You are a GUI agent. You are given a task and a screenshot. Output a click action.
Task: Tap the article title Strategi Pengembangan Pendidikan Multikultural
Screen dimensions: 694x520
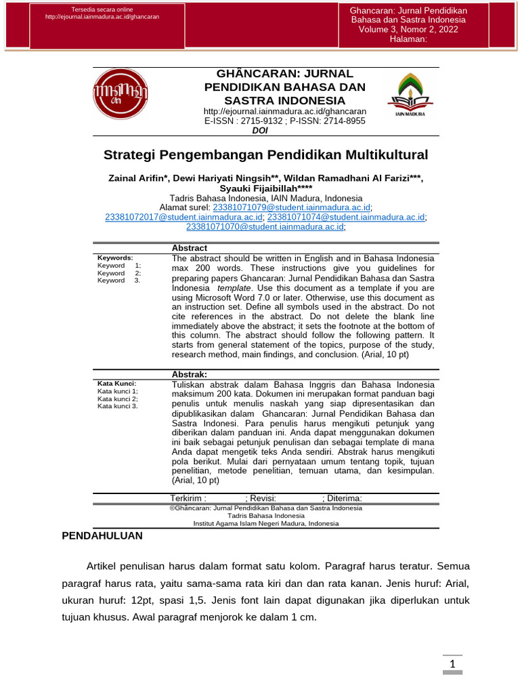[x=265, y=155]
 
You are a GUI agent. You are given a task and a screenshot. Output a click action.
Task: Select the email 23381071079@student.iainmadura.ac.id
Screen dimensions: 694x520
[x=292, y=207]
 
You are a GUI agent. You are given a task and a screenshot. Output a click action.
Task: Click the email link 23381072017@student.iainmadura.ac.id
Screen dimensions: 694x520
[x=183, y=217]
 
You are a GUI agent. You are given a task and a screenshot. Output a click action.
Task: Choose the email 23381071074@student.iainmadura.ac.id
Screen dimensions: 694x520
[x=346, y=217]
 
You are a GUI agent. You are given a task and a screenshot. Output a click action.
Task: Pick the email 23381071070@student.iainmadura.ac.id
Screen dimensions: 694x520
[x=265, y=227]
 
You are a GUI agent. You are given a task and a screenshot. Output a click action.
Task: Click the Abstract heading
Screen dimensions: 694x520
[x=190, y=249]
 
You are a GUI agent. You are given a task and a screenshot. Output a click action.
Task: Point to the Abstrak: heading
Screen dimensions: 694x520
[x=190, y=374]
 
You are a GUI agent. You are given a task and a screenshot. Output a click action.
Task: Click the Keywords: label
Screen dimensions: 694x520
[x=116, y=258]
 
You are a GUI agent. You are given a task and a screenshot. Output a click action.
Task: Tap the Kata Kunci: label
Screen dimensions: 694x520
[x=117, y=384]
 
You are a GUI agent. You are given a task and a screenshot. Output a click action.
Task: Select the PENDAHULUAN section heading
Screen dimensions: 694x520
[x=102, y=535]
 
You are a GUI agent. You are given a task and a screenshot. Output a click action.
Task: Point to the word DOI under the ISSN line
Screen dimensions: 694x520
[x=260, y=131]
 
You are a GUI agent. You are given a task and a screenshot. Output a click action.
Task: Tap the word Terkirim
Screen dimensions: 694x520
[x=187, y=498]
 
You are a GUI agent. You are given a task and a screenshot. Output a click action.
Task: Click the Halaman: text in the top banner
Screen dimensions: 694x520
[x=409, y=39]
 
